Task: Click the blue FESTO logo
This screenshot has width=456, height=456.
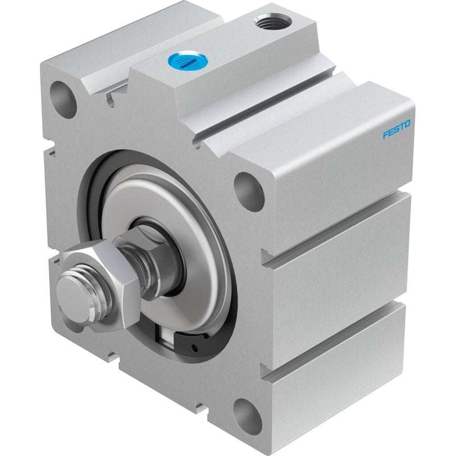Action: [x=396, y=129]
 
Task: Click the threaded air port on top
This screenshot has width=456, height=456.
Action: [x=273, y=21]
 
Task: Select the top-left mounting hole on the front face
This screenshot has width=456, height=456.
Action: [x=63, y=99]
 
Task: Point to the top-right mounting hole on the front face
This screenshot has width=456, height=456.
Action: [x=249, y=192]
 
